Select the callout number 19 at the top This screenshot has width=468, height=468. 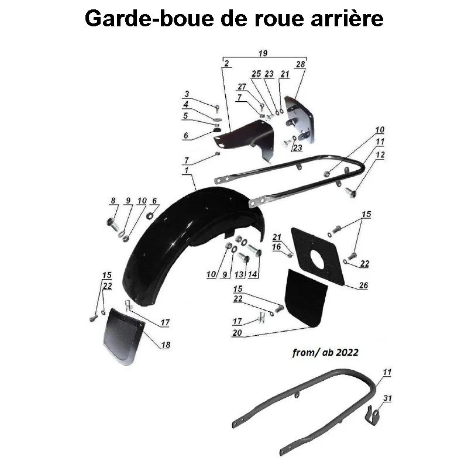pos(262,54)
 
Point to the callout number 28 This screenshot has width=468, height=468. pos(301,64)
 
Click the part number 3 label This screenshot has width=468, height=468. pos(187,94)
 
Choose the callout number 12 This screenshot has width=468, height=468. pos(380,155)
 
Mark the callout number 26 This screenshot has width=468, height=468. pos(364,286)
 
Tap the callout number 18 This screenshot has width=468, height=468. pos(166,345)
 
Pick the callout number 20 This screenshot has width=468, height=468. pos(237,333)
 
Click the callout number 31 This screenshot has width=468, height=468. pos(387,398)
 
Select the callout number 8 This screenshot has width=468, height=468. pos(113,201)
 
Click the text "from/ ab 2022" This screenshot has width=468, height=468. pos(325,353)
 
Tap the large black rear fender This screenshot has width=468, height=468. pos(187,234)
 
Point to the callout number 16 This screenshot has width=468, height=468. pos(276,247)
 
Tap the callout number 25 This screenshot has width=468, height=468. pos(256,74)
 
